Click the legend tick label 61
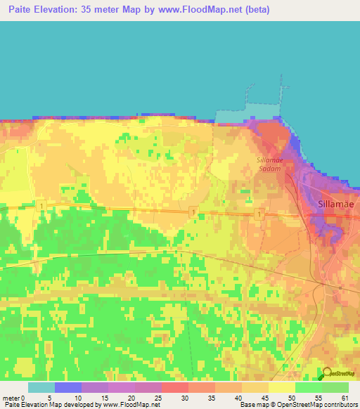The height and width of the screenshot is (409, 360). pyautogui.click(x=344, y=398)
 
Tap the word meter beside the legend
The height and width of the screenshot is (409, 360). pyautogui.click(x=11, y=398)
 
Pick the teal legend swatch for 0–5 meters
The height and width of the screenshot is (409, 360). pyautogui.click(x=41, y=387)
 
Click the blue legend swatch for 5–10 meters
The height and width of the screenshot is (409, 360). pyautogui.click(x=68, y=387)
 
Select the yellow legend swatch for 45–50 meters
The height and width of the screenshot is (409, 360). pyautogui.click(x=281, y=387)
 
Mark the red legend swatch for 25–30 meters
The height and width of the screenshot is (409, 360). pyautogui.click(x=174, y=387)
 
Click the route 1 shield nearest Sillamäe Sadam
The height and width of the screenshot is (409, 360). pyautogui.click(x=259, y=214)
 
